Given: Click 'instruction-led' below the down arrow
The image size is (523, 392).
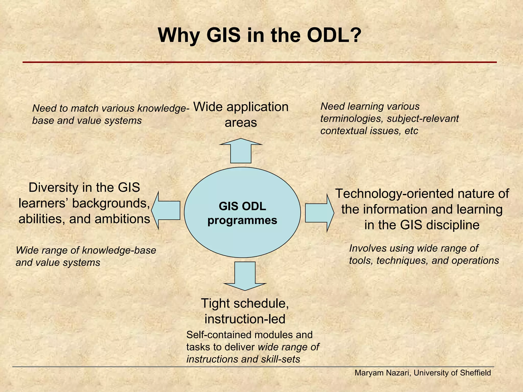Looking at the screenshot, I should click(x=245, y=319).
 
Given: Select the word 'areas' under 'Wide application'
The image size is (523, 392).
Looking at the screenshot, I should click(x=241, y=123).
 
